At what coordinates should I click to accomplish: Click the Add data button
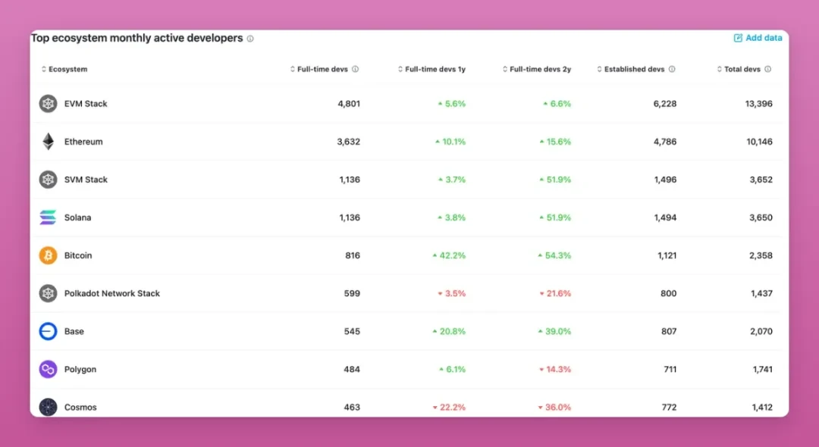pyautogui.click(x=758, y=38)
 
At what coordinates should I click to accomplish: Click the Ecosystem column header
pyautogui.click(x=67, y=69)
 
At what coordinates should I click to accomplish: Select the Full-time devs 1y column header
pyautogui.click(x=435, y=69)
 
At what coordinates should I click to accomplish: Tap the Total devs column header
pyautogui.click(x=742, y=69)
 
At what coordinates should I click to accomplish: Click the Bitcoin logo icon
pyautogui.click(x=49, y=255)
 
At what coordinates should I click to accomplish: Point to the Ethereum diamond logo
pyautogui.click(x=49, y=142)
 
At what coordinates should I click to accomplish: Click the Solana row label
pyautogui.click(x=77, y=217)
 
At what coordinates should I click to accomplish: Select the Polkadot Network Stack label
pyautogui.click(x=112, y=293)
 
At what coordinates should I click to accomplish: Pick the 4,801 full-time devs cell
pyautogui.click(x=349, y=104)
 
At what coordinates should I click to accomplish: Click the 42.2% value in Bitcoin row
pyautogui.click(x=453, y=255)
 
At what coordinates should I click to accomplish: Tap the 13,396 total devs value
pyautogui.click(x=758, y=104)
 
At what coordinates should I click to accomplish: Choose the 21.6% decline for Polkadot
pyautogui.click(x=559, y=293)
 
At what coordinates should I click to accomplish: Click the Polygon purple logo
pyautogui.click(x=49, y=369)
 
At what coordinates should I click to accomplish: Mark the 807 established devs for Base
pyautogui.click(x=667, y=331)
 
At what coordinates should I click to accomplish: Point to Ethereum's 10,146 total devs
pyautogui.click(x=758, y=142)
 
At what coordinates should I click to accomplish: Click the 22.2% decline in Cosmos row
pyautogui.click(x=453, y=407)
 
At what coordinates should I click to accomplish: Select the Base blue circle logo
pyautogui.click(x=49, y=331)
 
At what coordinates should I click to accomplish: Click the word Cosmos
pyautogui.click(x=80, y=407)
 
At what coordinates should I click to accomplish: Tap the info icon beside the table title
pyautogui.click(x=250, y=39)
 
